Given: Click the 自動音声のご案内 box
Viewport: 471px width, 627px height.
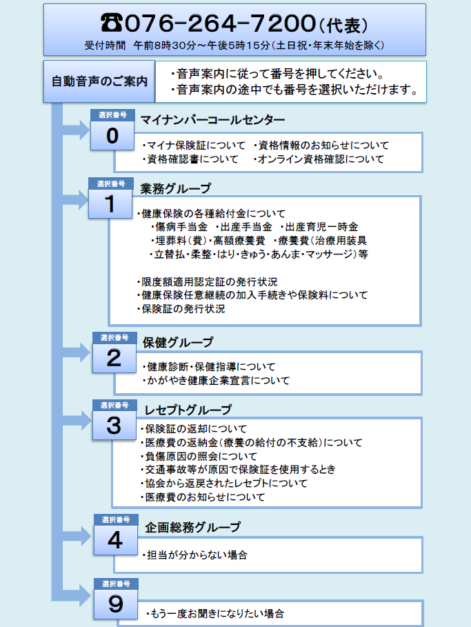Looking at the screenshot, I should [100, 81].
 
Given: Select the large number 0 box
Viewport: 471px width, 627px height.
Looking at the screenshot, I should [112, 136].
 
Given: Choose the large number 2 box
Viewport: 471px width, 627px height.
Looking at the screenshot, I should [114, 357].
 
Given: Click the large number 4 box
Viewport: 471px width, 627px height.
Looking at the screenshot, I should [115, 539].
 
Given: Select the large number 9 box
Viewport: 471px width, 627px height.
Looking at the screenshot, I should [116, 604].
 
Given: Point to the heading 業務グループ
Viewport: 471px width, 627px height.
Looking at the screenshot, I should [176, 188].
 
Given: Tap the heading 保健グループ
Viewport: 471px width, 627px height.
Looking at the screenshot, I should [178, 342].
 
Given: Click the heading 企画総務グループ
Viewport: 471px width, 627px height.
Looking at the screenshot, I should [193, 527].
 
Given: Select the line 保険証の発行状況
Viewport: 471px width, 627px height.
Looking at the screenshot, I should [182, 309].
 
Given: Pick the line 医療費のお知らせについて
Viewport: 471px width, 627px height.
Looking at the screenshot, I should [203, 497].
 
